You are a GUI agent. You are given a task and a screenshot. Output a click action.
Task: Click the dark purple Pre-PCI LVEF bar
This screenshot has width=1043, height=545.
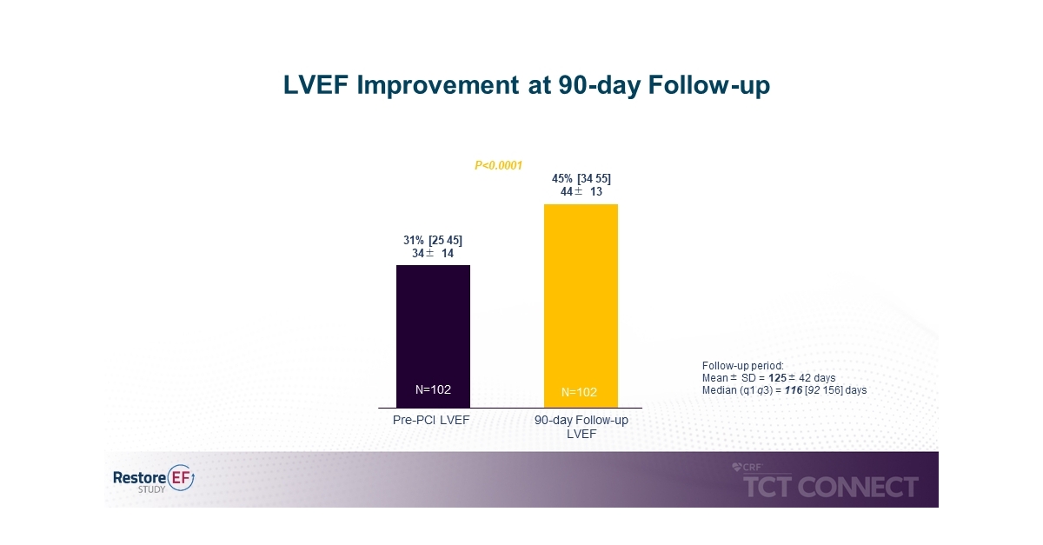(x=433, y=336)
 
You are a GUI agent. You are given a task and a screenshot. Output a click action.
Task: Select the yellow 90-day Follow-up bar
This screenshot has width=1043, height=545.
(x=581, y=306)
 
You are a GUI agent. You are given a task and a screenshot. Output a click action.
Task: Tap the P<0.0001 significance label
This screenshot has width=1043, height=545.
(x=499, y=165)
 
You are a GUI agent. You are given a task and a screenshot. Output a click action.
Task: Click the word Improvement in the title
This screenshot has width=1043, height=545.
(x=438, y=85)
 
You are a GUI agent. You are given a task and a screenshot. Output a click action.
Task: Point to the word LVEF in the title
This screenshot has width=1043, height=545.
(x=316, y=85)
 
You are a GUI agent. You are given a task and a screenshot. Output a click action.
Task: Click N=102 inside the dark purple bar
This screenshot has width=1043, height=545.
(x=433, y=389)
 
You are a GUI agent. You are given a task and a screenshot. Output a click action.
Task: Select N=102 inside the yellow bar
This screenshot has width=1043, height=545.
(x=579, y=392)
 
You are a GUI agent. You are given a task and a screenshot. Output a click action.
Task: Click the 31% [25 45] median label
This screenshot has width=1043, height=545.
(x=433, y=241)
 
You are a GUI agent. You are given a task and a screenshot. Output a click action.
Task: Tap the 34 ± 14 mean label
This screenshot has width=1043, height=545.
(x=433, y=254)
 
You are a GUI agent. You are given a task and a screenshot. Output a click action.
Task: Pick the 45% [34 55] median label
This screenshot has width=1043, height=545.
(x=581, y=178)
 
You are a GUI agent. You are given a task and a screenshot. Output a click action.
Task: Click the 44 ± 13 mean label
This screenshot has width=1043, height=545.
(x=581, y=191)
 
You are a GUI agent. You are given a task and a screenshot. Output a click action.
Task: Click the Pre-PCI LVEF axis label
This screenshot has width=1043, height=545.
(x=431, y=420)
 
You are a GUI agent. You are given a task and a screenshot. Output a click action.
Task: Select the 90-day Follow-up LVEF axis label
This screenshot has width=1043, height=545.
(x=581, y=427)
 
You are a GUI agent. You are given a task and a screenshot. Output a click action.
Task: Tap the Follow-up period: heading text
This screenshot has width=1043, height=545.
(x=742, y=366)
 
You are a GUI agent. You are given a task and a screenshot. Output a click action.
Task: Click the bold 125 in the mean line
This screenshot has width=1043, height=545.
(x=777, y=378)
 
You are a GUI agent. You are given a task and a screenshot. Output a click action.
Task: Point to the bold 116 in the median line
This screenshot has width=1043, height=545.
(x=794, y=390)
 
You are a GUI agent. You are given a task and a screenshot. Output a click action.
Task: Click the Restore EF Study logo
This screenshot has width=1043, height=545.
(x=154, y=479)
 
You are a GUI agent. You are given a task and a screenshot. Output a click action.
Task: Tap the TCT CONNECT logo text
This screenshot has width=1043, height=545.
(x=831, y=487)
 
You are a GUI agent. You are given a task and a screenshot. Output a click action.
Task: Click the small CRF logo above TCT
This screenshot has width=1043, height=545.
(x=747, y=468)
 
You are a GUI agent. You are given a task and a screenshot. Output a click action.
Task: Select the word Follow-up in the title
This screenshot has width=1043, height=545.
(x=708, y=85)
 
